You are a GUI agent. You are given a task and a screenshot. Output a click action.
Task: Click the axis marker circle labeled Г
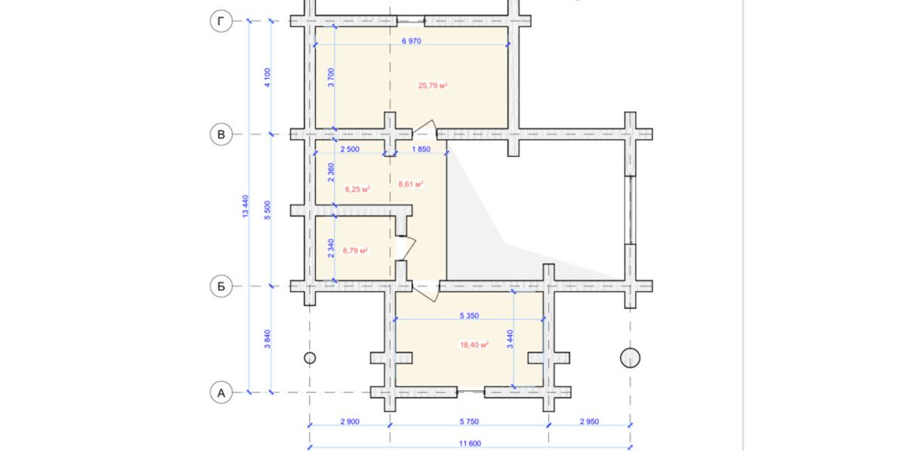click(220, 23)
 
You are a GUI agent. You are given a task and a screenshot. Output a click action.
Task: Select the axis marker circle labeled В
click(220, 135)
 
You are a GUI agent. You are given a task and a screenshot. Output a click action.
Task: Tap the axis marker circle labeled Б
click(220, 286)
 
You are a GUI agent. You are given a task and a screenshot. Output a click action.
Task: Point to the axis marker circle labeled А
click(220, 392)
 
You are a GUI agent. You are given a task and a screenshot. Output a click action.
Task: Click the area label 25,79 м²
click(433, 86)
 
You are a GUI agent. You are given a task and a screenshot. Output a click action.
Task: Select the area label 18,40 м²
click(474, 344)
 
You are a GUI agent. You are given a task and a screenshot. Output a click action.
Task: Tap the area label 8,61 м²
click(410, 183)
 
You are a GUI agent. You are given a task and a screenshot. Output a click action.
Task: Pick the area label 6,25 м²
click(357, 189)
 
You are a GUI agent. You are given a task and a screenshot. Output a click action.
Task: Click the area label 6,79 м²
click(355, 250)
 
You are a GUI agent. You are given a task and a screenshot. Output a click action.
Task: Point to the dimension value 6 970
click(410, 41)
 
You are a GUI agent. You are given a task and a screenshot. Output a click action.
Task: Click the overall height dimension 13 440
click(245, 207)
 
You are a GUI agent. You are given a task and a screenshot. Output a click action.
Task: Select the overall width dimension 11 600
click(468, 443)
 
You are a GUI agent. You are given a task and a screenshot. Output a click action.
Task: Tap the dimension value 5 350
click(470, 316)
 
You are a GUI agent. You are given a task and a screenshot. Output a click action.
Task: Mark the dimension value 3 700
click(331, 78)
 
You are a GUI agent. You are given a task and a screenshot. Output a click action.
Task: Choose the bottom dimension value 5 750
click(468, 422)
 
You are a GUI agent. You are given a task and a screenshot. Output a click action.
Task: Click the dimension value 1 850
click(421, 150)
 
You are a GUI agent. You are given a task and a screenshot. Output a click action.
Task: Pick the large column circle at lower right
click(630, 358)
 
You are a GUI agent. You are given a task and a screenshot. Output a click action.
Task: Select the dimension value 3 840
click(267, 339)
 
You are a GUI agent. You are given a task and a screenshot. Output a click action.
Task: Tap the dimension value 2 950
click(588, 422)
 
